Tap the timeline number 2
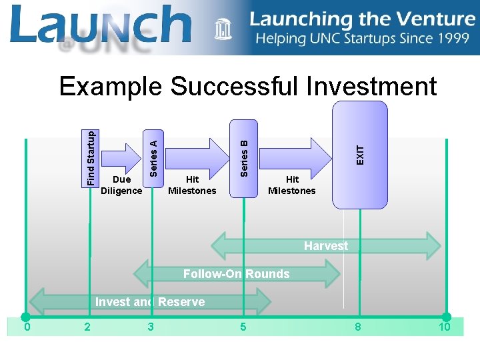[87, 327]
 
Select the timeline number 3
[151, 327]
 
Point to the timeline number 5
[243, 327]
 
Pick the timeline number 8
[358, 327]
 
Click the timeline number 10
[444, 327]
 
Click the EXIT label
[360, 155]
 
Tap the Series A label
[153, 159]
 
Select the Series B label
[244, 157]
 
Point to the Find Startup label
[91, 157]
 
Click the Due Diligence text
[121, 185]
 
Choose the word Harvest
[326, 246]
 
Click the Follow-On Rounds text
[236, 274]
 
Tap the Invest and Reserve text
[150, 302]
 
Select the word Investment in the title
[371, 87]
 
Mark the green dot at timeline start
[25, 317]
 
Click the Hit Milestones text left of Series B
[192, 185]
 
